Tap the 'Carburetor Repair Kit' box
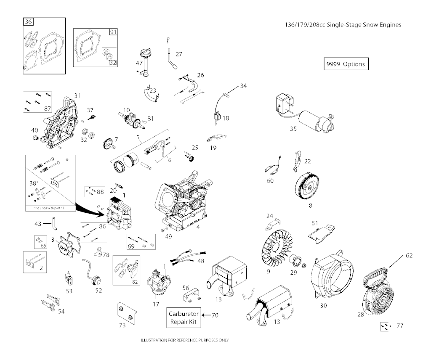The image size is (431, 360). pos(183,318)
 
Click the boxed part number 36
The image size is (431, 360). pos(29,22)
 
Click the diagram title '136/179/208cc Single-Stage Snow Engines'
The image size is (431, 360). pos(343,24)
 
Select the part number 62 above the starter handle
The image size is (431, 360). pos(409,255)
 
